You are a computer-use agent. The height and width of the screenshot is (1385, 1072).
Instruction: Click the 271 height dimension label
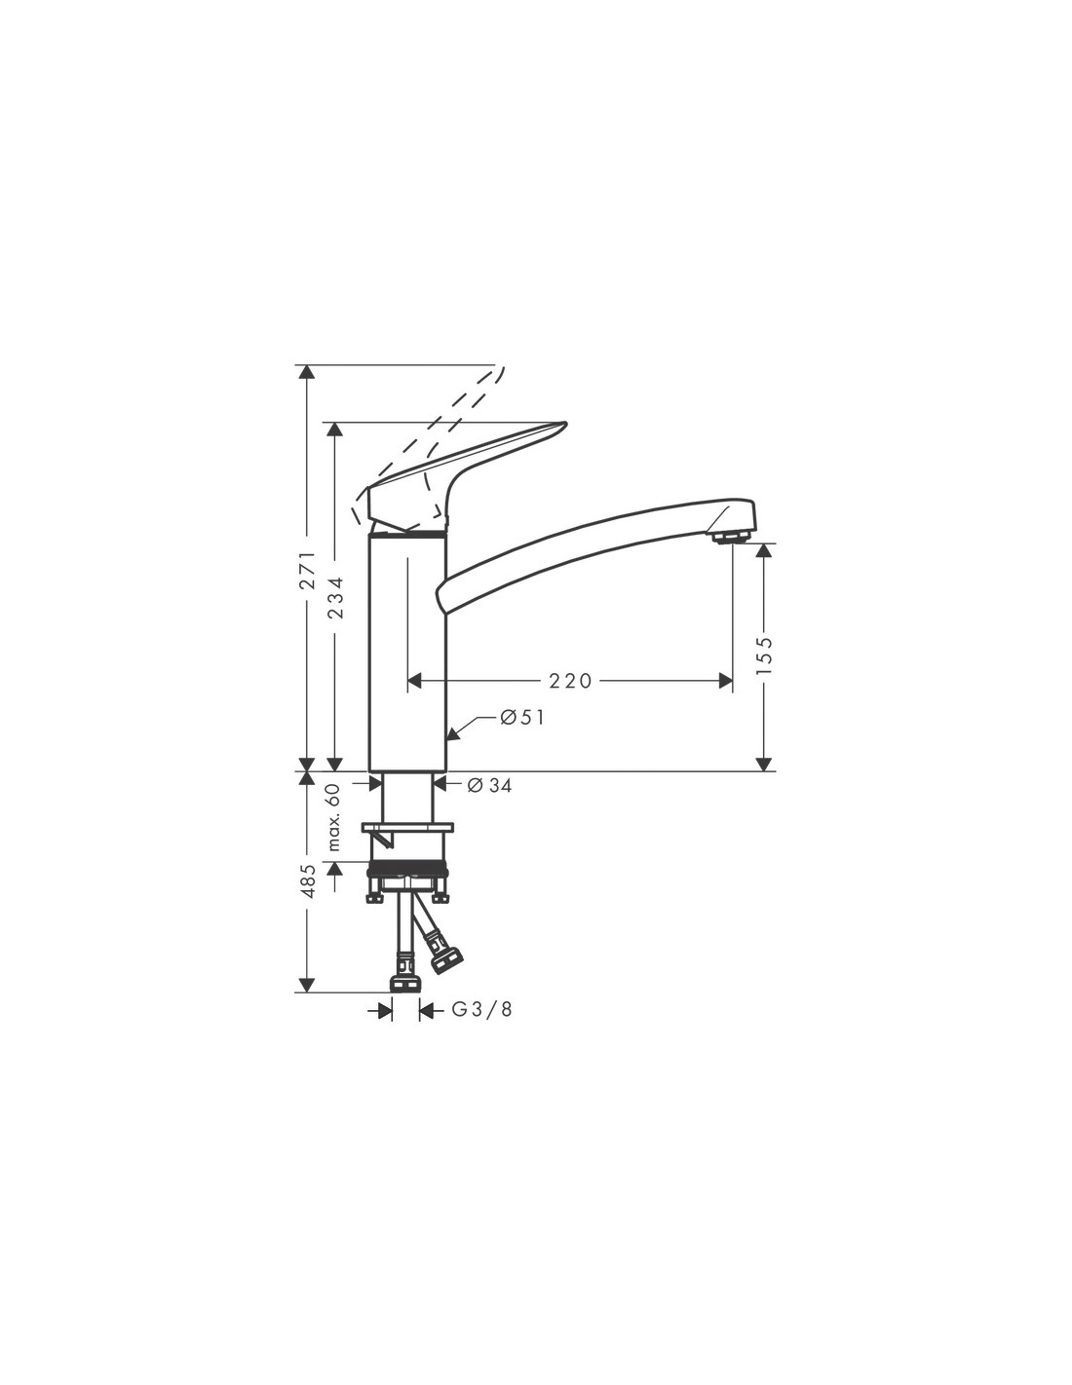click(x=308, y=571)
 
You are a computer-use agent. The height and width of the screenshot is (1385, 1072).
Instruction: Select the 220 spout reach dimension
click(x=570, y=681)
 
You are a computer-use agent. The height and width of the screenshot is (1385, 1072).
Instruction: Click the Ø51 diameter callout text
click(x=521, y=718)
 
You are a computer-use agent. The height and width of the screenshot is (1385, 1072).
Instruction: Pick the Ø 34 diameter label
click(x=489, y=786)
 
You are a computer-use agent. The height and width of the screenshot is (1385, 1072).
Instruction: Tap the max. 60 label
click(x=335, y=817)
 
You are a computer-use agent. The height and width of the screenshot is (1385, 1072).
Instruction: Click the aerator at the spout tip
click(x=728, y=538)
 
